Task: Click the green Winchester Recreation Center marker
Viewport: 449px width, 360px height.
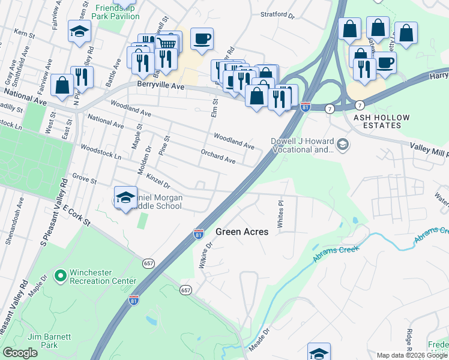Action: click(x=60, y=276)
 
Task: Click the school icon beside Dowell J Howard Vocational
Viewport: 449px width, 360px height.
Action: click(x=343, y=144)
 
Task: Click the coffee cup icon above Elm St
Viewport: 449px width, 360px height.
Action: click(x=202, y=38)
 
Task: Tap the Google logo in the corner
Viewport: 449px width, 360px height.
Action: click(x=20, y=353)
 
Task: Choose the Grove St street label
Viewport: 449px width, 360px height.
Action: click(x=84, y=179)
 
